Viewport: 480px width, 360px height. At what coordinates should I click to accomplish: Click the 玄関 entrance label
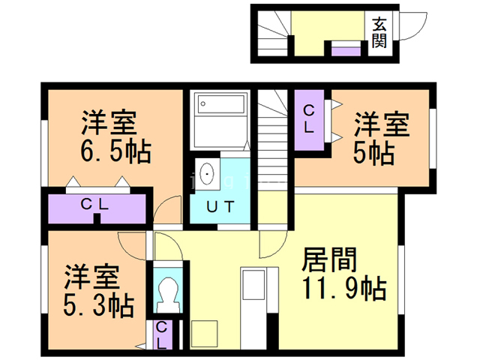click(379, 33)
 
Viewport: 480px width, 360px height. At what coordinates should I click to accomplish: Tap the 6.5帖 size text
click(115, 151)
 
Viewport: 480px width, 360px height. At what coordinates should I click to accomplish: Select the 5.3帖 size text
click(98, 304)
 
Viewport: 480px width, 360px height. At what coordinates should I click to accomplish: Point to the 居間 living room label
click(329, 259)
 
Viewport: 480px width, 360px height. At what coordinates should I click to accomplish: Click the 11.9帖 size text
click(344, 288)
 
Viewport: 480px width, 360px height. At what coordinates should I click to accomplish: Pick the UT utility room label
click(220, 207)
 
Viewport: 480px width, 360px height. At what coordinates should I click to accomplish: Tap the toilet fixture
click(168, 295)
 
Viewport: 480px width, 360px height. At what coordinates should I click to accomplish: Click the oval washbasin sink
click(207, 173)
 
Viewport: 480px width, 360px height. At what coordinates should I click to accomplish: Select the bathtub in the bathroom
click(220, 103)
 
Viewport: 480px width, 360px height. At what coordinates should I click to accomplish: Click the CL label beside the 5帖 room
click(309, 119)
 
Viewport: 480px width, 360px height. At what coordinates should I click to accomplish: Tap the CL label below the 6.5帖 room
click(94, 204)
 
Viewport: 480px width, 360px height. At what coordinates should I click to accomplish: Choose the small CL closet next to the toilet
click(161, 335)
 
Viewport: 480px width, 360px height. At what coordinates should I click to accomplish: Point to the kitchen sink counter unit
click(253, 307)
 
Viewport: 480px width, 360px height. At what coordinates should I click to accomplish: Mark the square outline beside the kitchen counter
click(205, 333)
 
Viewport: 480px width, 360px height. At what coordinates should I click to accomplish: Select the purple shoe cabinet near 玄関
click(346, 51)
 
